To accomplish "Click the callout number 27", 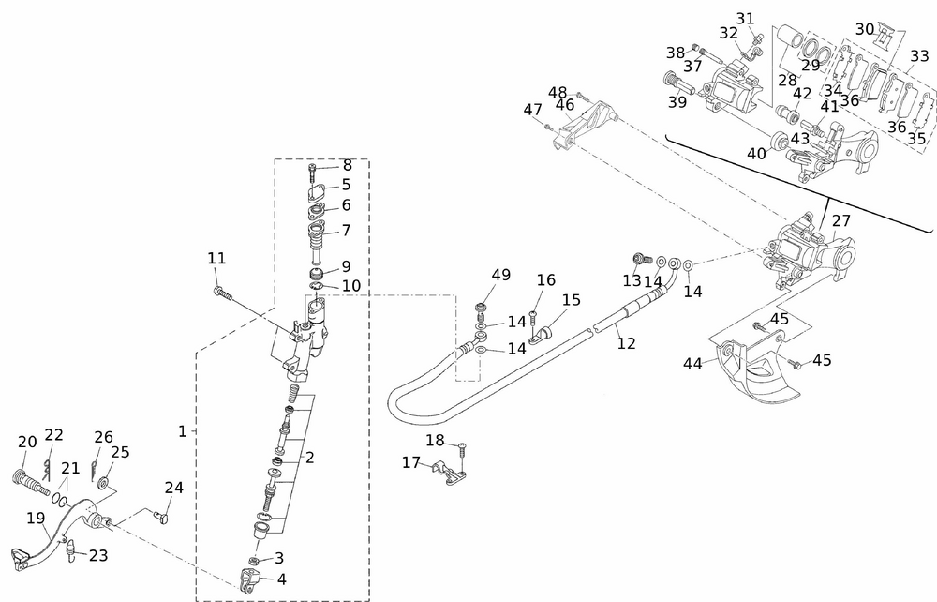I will pyautogui.click(x=840, y=220).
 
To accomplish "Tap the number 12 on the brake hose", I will pyautogui.click(x=626, y=343).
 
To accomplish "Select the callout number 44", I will pyautogui.click(x=693, y=362).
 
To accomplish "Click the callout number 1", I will pyautogui.click(x=183, y=431).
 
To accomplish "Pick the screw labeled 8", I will pyautogui.click(x=312, y=173).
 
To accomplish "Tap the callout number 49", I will pyautogui.click(x=501, y=275).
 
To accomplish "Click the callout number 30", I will pyautogui.click(x=865, y=28).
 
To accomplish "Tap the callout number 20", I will pyautogui.click(x=27, y=442).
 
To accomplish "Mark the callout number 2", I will pyautogui.click(x=309, y=458).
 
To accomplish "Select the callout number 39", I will pyautogui.click(x=677, y=100).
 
